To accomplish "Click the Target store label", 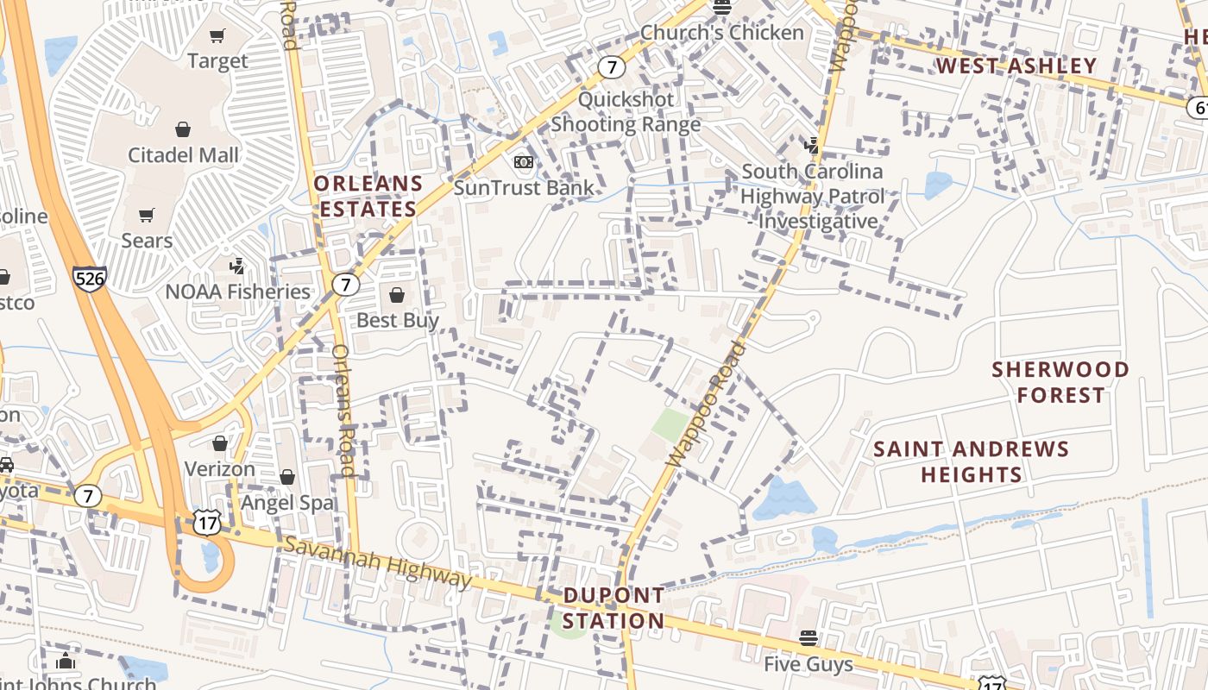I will click(217, 61).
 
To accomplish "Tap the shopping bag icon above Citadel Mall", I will click(183, 129).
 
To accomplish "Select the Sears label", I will click(147, 240).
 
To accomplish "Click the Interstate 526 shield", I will click(90, 278).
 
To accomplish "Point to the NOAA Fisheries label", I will click(237, 292).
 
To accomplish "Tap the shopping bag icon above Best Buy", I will click(397, 295).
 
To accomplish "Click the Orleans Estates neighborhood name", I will click(368, 196).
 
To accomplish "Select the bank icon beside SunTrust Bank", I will click(523, 161).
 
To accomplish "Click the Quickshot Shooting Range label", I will click(626, 112).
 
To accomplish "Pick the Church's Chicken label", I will click(721, 33).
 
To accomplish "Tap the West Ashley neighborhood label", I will click(1016, 66).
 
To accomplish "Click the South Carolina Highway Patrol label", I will click(812, 196).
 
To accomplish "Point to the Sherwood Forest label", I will click(1060, 382).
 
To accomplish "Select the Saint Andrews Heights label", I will click(971, 461).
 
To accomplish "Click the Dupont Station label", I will click(613, 608).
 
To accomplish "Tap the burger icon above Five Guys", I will click(808, 638).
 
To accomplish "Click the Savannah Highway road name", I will click(377, 561).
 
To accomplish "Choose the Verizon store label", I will click(220, 469).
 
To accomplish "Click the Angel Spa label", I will click(287, 502).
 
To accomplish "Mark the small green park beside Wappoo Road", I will click(670, 424).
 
